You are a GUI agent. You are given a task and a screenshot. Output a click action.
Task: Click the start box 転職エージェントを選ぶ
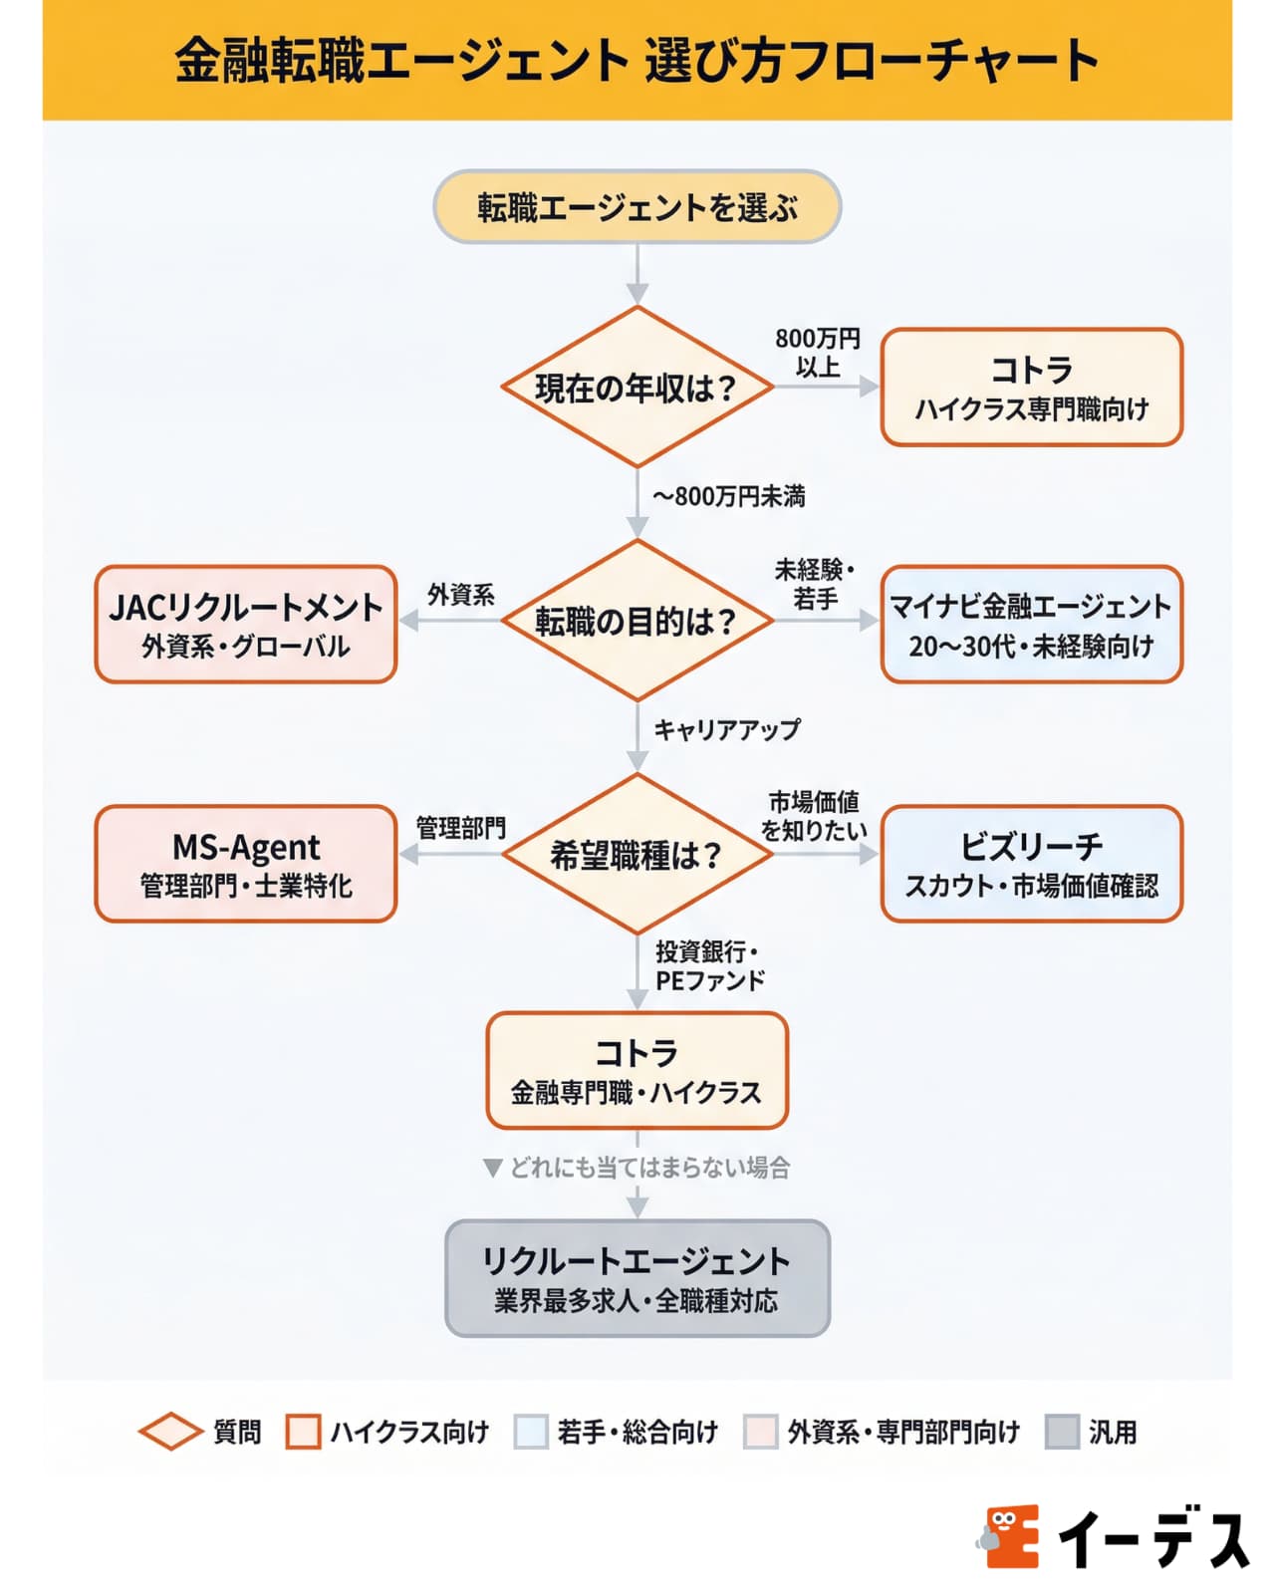[637, 207]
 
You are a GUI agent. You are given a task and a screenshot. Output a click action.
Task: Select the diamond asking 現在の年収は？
[637, 388]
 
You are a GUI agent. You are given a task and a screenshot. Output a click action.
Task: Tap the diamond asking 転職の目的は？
[637, 621]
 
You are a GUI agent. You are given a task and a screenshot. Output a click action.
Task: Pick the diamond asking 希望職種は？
[637, 855]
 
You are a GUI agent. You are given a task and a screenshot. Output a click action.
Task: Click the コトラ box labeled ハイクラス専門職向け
[1031, 387]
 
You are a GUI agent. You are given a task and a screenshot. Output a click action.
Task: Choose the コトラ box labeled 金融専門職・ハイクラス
[637, 1071]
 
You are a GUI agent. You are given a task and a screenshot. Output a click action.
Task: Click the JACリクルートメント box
[245, 624]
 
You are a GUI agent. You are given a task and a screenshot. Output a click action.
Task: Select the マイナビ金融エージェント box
[1031, 624]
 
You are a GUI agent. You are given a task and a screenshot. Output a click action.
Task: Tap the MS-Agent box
[245, 864]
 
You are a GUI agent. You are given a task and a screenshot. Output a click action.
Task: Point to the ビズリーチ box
[1031, 864]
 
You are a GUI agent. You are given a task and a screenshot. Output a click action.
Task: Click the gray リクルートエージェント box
[637, 1278]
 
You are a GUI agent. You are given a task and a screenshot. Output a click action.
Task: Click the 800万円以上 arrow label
[818, 353]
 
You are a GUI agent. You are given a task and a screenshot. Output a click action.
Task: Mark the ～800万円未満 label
[729, 496]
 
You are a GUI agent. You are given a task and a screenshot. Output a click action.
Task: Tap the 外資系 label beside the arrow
[460, 595]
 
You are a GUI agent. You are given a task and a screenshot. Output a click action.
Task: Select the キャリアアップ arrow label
[726, 729]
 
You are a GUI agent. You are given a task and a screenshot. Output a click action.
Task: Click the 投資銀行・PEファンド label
[709, 965]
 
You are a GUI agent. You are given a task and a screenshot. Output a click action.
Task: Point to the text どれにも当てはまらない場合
[649, 1167]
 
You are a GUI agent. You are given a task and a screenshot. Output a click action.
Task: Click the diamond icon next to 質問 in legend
[170, 1432]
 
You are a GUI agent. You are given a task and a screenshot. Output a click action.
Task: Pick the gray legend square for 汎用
[1062, 1432]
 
